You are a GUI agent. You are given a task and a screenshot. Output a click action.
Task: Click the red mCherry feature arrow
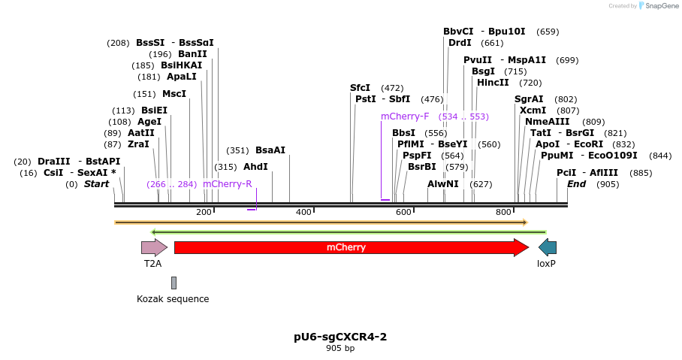351,247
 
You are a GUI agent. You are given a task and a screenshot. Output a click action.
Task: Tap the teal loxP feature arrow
548,247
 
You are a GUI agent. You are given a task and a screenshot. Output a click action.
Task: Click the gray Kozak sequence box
174,283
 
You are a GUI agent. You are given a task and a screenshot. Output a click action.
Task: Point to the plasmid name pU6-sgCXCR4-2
340,337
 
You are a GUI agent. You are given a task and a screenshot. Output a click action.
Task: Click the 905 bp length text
340,349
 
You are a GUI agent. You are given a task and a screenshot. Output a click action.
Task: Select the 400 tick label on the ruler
303,213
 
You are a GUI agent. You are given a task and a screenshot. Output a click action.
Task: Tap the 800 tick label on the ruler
503,213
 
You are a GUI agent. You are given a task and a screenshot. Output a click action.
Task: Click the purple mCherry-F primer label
405,116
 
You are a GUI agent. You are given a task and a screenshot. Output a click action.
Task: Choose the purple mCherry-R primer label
228,184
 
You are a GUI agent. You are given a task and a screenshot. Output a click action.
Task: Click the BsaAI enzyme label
270,150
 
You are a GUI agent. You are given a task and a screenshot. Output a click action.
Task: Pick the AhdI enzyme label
255,167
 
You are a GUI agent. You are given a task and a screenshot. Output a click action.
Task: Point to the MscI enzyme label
174,94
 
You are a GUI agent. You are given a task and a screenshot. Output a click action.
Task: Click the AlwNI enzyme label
443,184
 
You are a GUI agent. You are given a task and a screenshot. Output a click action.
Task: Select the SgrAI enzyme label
529,99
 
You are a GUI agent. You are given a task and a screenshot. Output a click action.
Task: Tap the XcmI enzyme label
533,110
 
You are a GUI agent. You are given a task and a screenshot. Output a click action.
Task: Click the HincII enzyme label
493,83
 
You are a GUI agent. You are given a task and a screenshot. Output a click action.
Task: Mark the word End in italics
576,184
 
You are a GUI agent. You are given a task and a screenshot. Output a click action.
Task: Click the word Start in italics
96,184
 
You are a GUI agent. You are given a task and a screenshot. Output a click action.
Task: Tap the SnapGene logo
653,6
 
